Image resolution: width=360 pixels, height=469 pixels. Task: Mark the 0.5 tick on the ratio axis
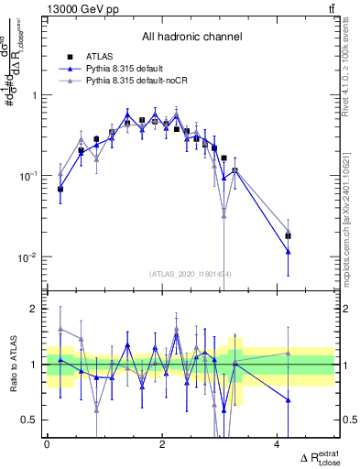[x=30, y=420]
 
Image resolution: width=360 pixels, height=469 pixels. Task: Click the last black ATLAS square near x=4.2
[x=289, y=235]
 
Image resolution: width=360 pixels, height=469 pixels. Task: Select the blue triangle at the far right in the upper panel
[x=289, y=250]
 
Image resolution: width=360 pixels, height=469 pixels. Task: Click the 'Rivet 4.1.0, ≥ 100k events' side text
[x=351, y=69]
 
